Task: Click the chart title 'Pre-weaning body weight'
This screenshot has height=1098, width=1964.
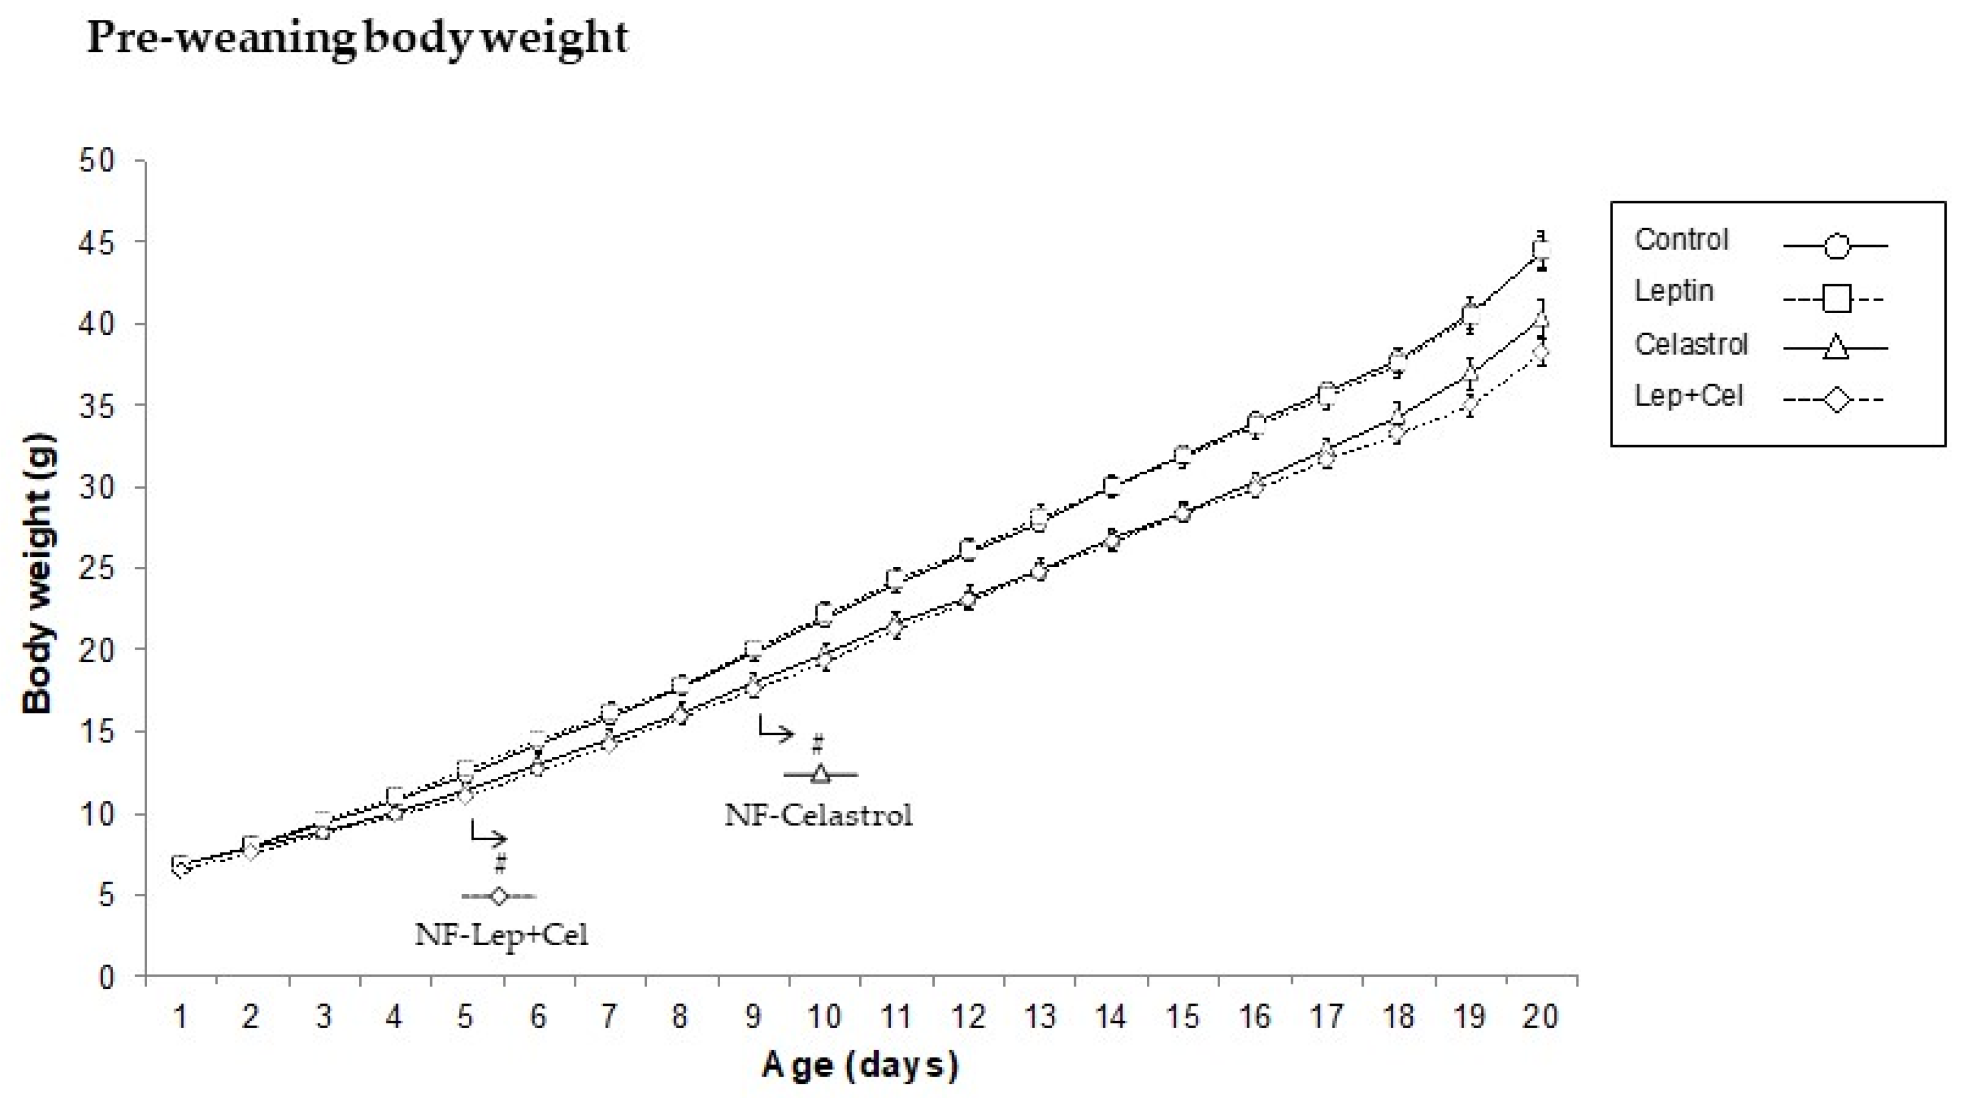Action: click(x=357, y=38)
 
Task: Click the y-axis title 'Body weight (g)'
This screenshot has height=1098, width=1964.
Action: click(x=38, y=573)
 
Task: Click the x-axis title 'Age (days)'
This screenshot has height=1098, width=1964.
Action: click(x=859, y=1065)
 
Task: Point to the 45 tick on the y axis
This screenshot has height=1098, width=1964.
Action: click(x=96, y=242)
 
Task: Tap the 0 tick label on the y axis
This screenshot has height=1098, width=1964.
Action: click(x=106, y=977)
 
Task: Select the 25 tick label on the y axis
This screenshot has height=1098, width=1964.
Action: click(x=96, y=569)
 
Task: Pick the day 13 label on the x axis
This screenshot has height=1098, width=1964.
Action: click(x=1039, y=1017)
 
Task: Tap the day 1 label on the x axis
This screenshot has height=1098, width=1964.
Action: click(x=180, y=1017)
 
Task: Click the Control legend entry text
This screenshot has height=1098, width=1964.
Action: click(x=1681, y=239)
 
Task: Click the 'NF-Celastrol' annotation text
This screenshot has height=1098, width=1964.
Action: click(x=818, y=815)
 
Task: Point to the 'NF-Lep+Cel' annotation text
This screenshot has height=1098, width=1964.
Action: click(x=501, y=934)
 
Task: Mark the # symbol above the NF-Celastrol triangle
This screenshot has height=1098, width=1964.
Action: click(x=817, y=743)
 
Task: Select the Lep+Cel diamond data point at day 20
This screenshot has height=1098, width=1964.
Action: click(x=1541, y=352)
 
